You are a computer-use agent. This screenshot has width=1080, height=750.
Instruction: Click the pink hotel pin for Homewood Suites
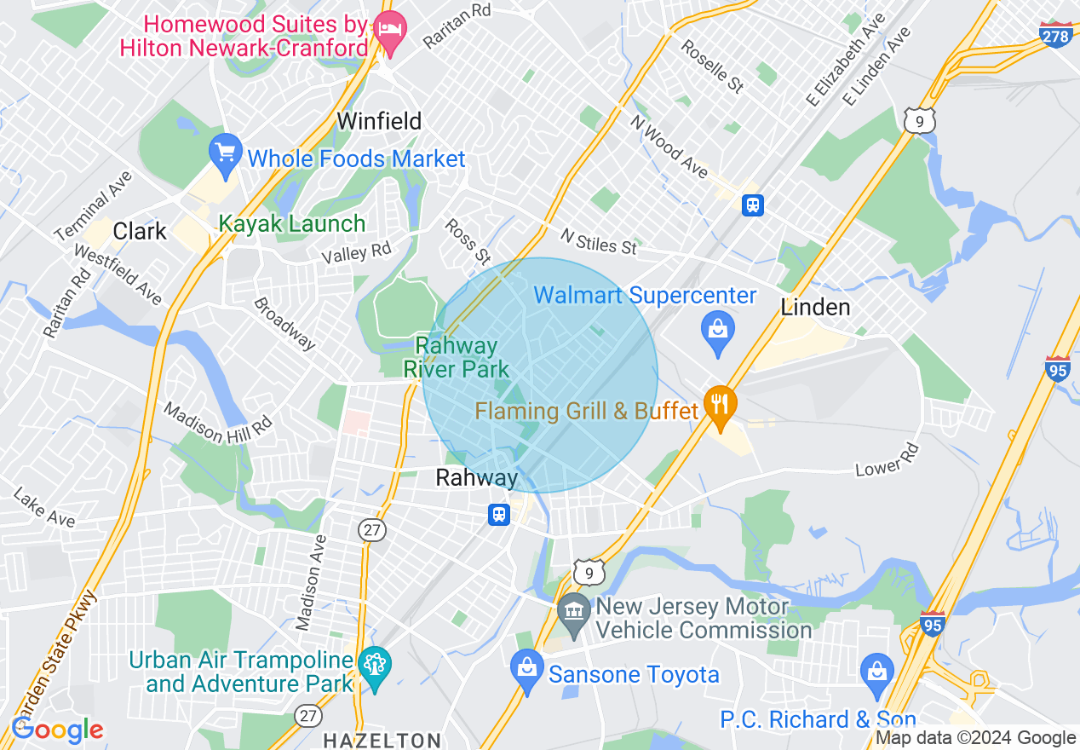click(391, 33)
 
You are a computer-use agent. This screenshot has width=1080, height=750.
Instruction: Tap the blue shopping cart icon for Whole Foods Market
click(225, 154)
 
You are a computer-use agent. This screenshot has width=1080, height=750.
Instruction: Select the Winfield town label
click(379, 121)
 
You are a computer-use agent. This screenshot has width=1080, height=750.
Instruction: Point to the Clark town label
click(140, 230)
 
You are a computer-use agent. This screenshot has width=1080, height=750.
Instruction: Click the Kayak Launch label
click(291, 224)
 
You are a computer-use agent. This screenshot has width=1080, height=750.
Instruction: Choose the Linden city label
click(815, 307)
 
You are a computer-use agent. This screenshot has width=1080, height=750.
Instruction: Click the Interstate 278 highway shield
click(1055, 35)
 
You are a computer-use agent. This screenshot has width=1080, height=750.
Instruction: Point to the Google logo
click(57, 730)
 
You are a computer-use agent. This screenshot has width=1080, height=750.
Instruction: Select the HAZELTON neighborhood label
click(382, 740)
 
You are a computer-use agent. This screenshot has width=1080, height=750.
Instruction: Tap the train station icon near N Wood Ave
click(753, 205)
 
